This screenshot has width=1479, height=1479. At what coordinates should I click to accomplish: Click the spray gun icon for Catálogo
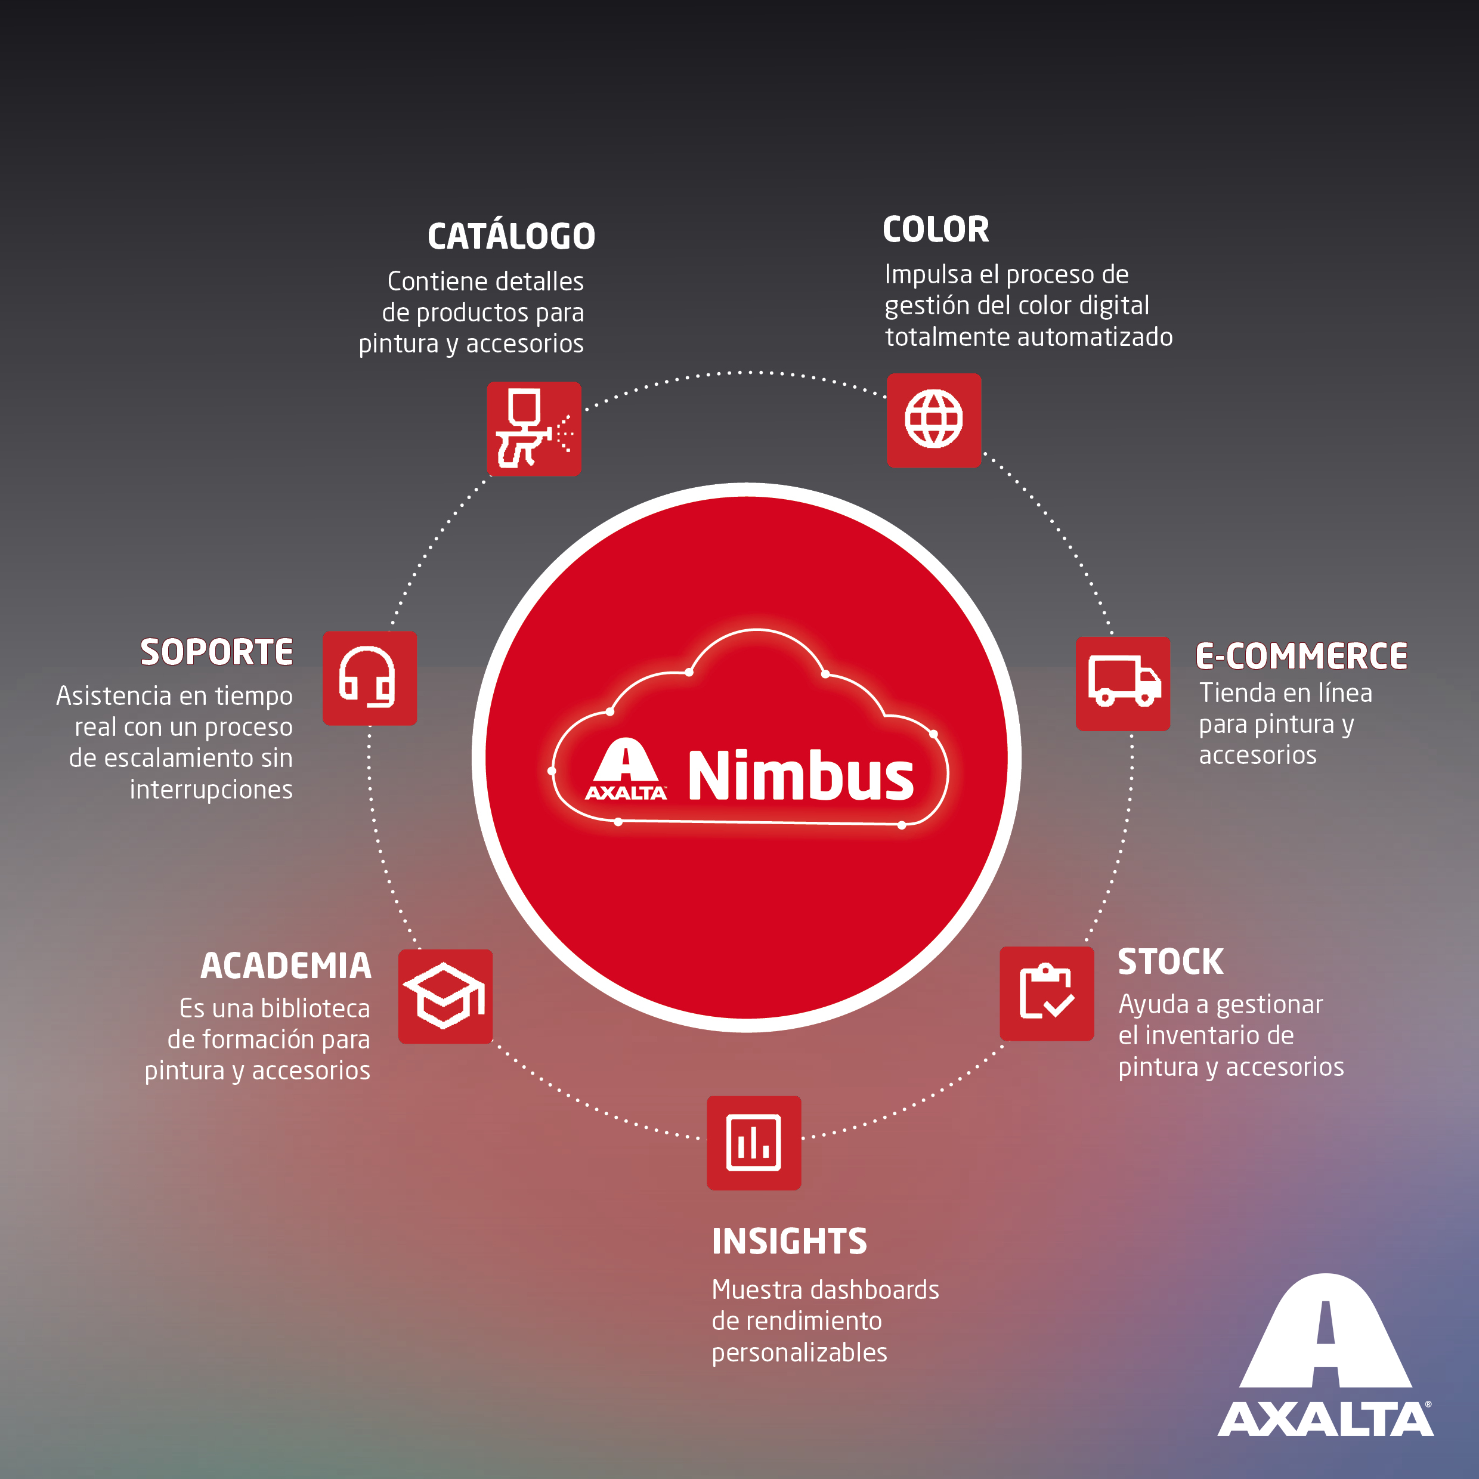tap(534, 429)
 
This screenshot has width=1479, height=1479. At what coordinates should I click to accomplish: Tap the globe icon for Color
tap(933, 419)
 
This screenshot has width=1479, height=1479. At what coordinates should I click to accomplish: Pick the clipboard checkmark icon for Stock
tap(1047, 993)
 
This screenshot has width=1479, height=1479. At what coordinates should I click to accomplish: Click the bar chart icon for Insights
tap(753, 1142)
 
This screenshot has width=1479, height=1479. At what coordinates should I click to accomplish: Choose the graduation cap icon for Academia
tap(445, 996)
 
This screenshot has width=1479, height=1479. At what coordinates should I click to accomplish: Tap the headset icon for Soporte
tap(369, 677)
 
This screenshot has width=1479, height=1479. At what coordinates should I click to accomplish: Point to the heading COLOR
tap(936, 229)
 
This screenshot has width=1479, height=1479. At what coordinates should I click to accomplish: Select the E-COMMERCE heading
tap(1301, 656)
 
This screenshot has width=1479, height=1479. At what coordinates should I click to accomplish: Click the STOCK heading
tap(1171, 961)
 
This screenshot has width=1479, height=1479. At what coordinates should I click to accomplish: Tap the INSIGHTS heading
tap(789, 1241)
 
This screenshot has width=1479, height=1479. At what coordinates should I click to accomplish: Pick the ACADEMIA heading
tap(286, 966)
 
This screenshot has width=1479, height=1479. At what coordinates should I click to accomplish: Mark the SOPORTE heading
tap(216, 652)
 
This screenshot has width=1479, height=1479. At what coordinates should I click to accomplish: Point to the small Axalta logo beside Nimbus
tap(626, 769)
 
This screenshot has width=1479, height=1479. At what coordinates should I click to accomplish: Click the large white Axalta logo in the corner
tap(1325, 1355)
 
